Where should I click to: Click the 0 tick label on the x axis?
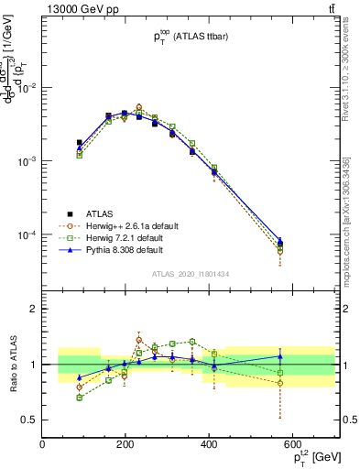tap(43, 445)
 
